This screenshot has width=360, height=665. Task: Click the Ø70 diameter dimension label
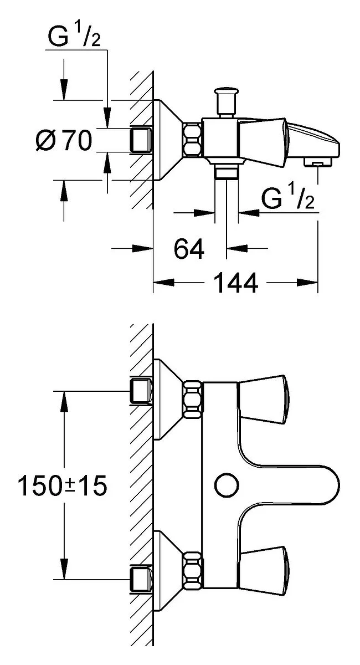pyautogui.click(x=64, y=140)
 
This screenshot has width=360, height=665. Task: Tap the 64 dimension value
pyautogui.click(x=189, y=248)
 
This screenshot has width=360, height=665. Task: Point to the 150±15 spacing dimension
pyautogui.click(x=63, y=485)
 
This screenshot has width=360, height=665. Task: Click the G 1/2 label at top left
pyautogui.click(x=74, y=35)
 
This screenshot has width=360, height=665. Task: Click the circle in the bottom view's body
pyautogui.click(x=227, y=485)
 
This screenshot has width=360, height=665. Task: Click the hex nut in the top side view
pyautogui.click(x=192, y=139)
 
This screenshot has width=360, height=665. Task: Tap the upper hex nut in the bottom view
pyautogui.click(x=193, y=400)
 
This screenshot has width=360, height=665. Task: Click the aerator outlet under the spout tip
pyautogui.click(x=317, y=162)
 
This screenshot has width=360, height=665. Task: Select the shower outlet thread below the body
pyautogui.click(x=227, y=172)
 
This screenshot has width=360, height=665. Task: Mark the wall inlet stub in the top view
pyautogui.click(x=141, y=140)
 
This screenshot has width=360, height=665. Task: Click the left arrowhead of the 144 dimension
pyautogui.click(x=163, y=282)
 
